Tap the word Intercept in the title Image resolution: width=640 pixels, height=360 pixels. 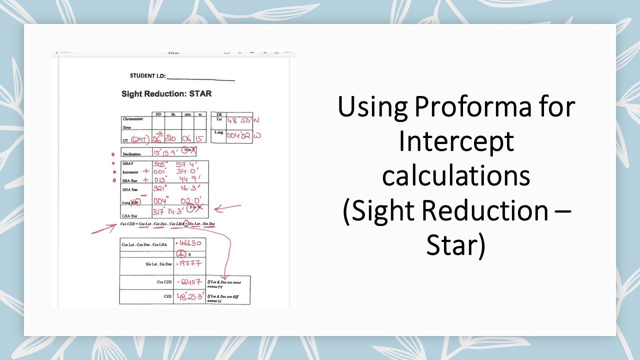[456, 141]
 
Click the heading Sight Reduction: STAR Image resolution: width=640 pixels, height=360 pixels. [166, 93]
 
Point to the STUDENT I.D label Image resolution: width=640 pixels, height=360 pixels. [147, 76]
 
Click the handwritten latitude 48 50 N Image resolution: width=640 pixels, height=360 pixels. [240, 120]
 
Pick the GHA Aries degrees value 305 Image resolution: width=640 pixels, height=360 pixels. [160, 163]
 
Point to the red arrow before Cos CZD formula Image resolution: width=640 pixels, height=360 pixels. [103, 228]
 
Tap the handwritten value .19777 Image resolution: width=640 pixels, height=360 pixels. [189, 263]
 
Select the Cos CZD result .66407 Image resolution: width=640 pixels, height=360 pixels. [189, 281]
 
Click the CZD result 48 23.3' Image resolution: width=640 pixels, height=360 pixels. [189, 296]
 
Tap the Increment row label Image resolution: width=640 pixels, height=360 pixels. [130, 171]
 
